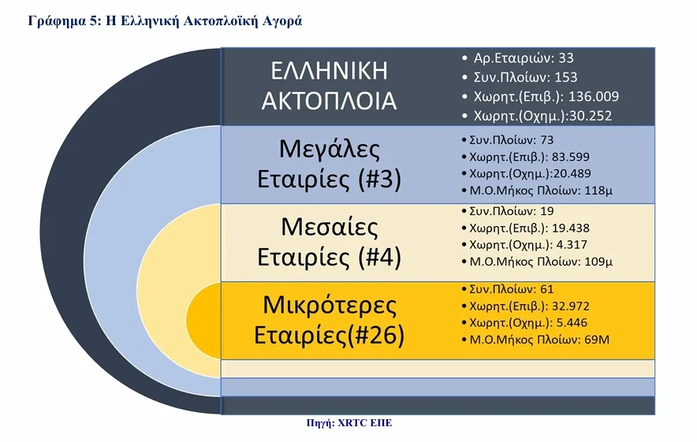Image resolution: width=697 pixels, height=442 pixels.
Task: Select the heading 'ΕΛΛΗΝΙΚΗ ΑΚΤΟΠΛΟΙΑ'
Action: click(x=330, y=86)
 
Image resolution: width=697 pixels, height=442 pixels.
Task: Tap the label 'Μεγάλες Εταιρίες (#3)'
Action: click(x=330, y=164)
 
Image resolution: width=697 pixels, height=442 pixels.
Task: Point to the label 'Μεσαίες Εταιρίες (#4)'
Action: click(x=330, y=242)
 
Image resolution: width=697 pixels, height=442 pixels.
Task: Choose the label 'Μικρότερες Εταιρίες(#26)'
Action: click(x=330, y=320)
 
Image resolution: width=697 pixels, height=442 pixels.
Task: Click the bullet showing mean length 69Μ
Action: click(x=537, y=340)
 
